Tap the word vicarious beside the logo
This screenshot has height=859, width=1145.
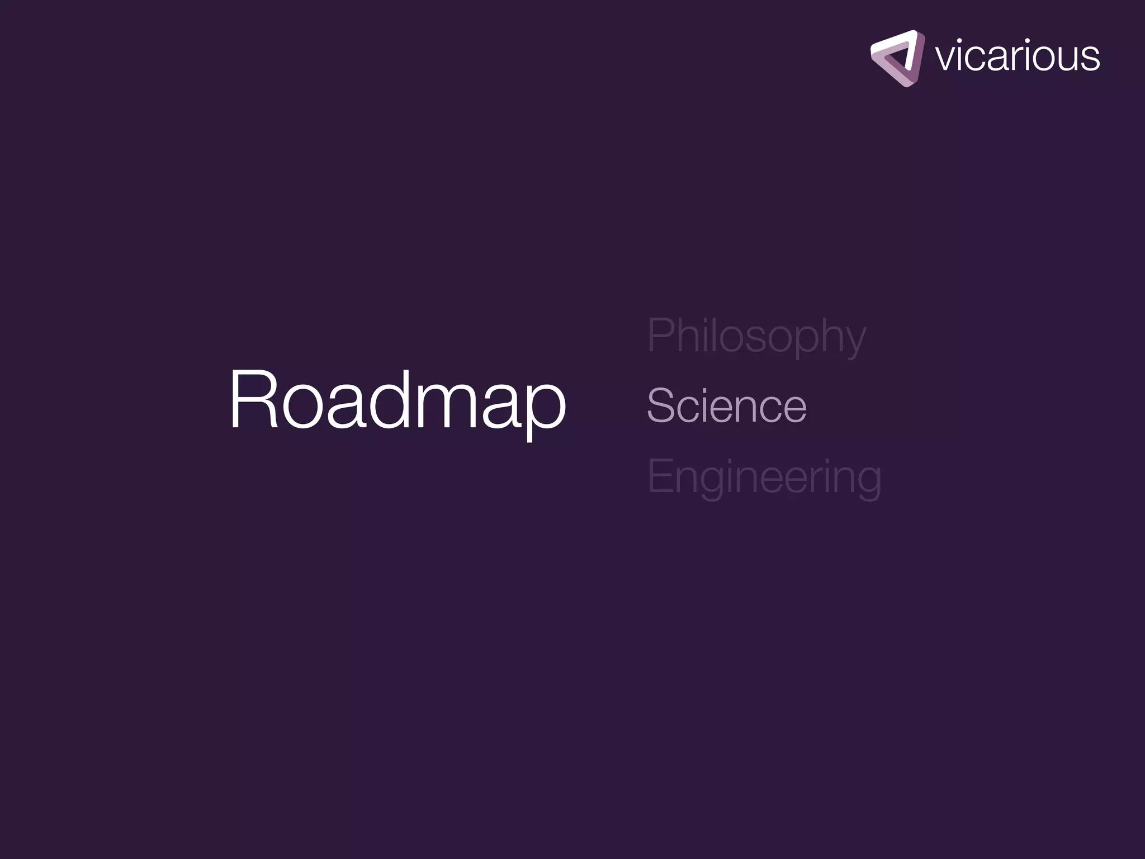click(x=1017, y=56)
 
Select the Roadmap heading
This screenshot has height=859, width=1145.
click(x=398, y=401)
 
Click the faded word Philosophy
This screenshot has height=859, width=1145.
click(x=756, y=336)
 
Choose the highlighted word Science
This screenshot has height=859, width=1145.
click(x=727, y=405)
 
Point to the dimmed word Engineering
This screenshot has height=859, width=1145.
click(x=764, y=476)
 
